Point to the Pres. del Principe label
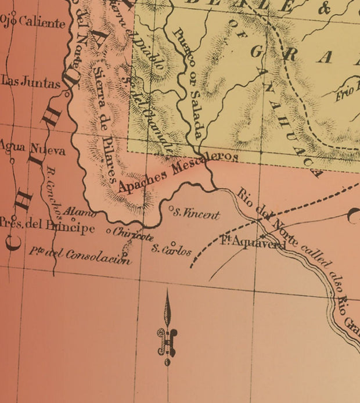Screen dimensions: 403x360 (47, 227)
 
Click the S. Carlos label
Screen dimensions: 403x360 (171, 251)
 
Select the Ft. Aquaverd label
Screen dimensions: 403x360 (253, 244)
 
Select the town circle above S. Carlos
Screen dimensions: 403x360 (173, 243)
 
